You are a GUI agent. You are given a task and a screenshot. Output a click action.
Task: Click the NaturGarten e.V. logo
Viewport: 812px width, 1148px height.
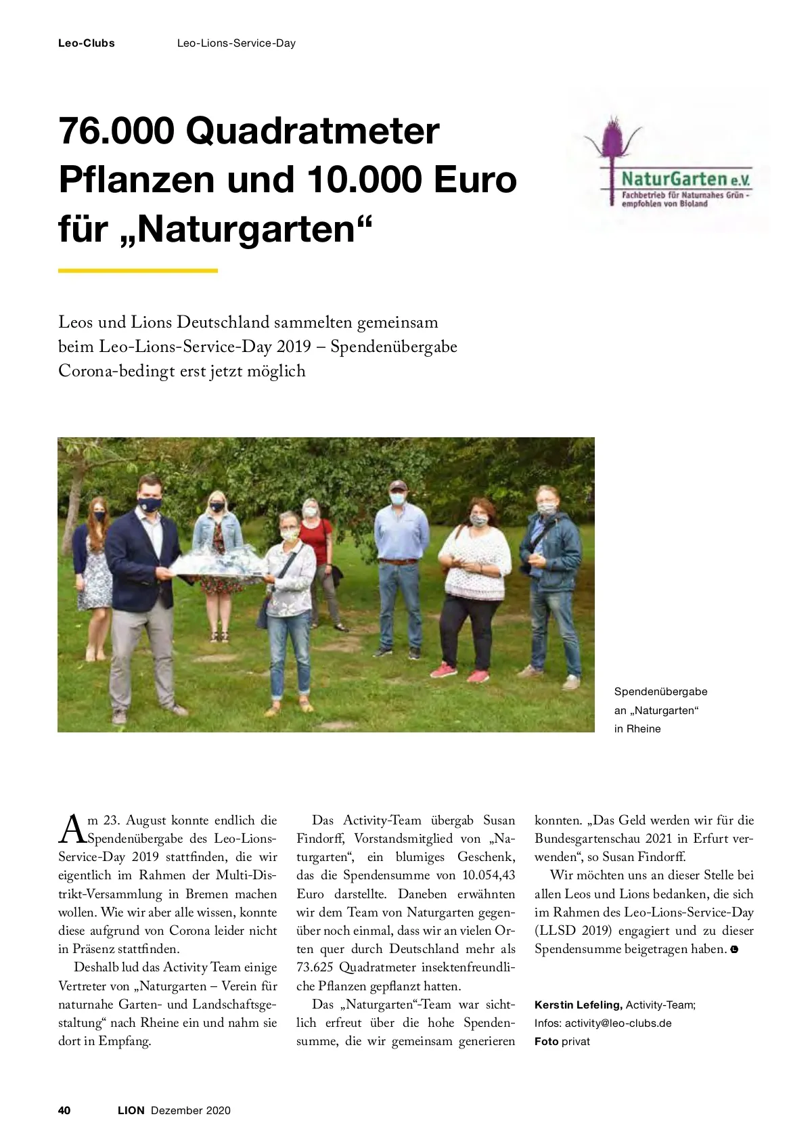click(670, 167)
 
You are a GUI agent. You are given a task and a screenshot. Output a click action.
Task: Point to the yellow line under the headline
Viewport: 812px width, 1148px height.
click(137, 271)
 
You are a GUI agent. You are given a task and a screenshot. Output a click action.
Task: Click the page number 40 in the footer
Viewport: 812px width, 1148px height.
click(64, 1110)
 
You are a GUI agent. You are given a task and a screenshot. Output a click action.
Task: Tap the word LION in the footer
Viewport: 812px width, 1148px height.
click(131, 1110)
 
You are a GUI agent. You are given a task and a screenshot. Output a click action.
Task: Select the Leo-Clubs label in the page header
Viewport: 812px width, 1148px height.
click(86, 43)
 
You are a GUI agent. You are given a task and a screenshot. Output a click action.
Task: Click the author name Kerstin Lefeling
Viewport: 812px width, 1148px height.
click(578, 1005)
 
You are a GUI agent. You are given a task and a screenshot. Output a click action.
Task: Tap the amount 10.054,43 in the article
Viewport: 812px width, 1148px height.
click(489, 875)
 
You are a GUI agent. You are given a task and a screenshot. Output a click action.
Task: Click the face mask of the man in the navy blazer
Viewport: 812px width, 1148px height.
click(150, 504)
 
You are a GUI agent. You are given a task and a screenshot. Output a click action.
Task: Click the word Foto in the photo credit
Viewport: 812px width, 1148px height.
click(546, 1041)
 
